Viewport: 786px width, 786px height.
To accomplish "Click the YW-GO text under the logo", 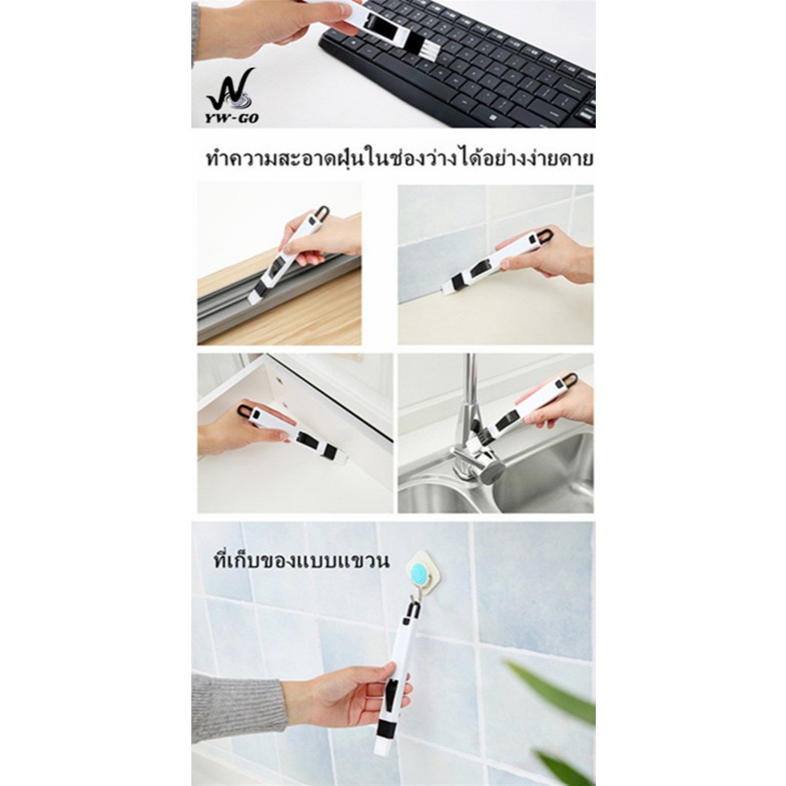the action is [232, 119].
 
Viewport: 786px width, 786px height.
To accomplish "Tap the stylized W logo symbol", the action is [232, 90].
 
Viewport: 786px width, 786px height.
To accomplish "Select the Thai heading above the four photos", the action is [400, 159].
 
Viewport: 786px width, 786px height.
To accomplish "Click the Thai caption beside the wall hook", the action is [301, 560].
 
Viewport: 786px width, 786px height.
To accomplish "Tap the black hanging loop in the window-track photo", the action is [319, 214].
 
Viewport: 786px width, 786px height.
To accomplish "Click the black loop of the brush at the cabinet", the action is [244, 411].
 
